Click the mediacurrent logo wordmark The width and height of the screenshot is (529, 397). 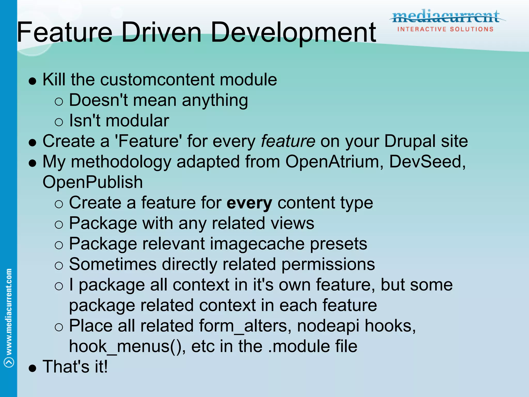tap(446, 16)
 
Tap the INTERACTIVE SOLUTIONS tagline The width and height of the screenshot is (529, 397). tap(445, 29)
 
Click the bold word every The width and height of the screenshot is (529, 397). tap(249, 203)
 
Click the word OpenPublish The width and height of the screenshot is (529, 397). tap(92, 182)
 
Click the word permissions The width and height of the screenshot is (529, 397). tap(328, 264)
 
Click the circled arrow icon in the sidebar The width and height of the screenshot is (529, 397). tap(9, 362)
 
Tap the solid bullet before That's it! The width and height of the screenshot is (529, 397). tap(33, 368)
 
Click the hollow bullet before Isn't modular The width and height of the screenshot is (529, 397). tap(59, 122)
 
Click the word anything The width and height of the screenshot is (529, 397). tap(215, 100)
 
